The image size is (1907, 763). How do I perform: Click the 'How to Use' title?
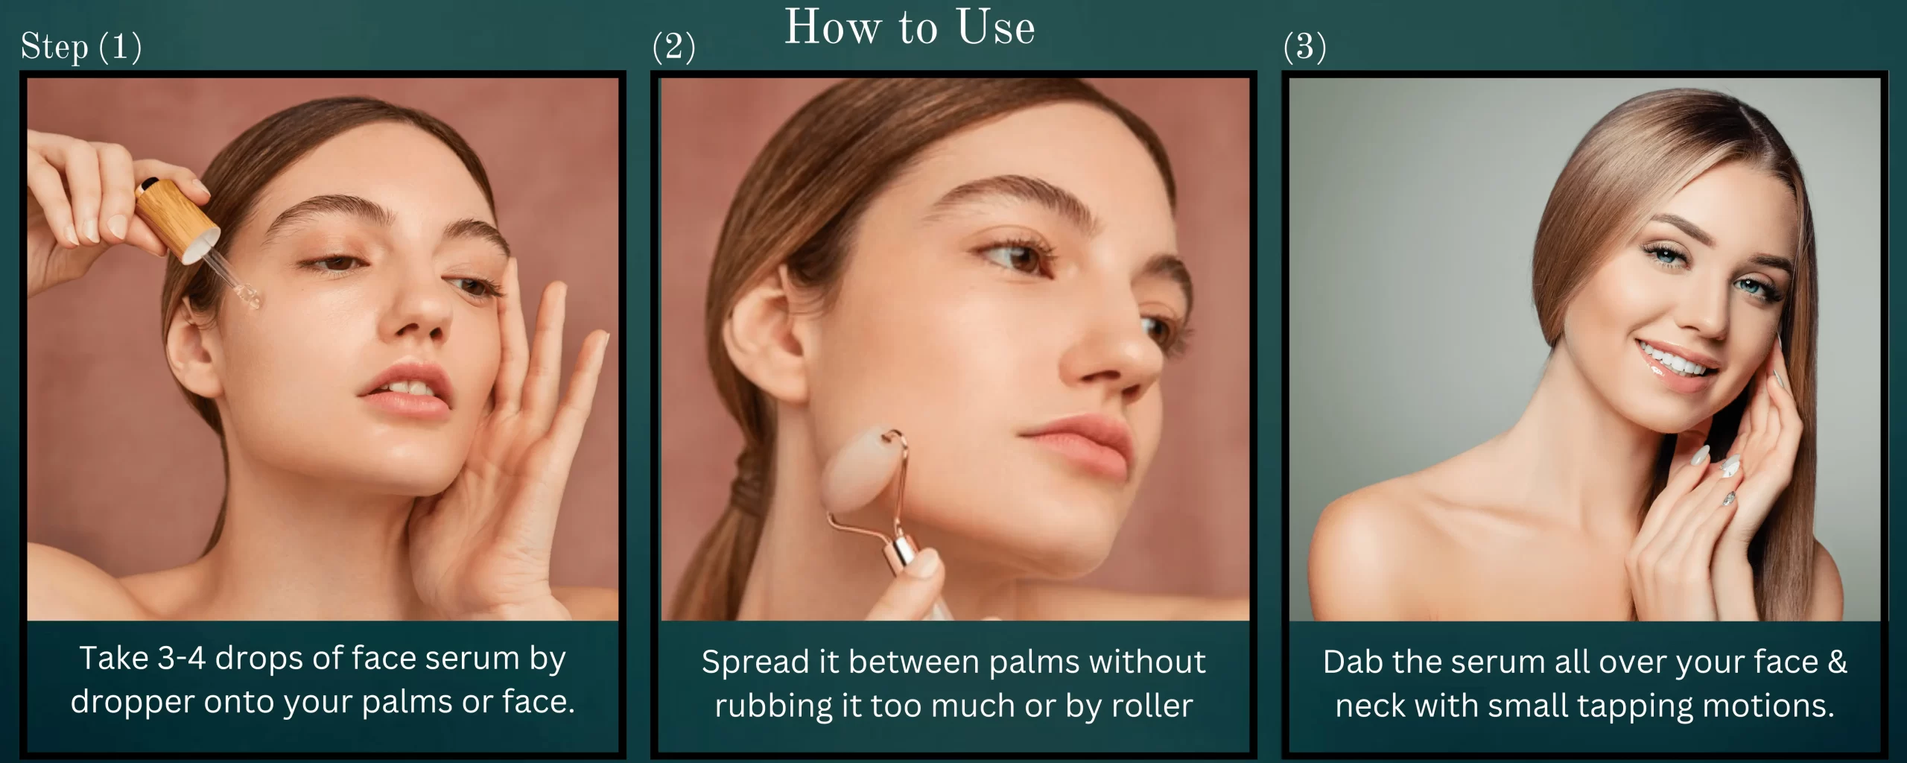pyautogui.click(x=910, y=28)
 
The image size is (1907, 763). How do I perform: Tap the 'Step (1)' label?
pyautogui.click(x=81, y=48)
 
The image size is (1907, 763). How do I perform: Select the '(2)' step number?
pyautogui.click(x=673, y=47)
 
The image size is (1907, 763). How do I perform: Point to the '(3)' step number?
pyautogui.click(x=1304, y=47)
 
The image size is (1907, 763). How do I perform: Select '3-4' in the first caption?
pyautogui.click(x=182, y=659)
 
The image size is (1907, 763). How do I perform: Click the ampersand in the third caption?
pyautogui.click(x=1837, y=662)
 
